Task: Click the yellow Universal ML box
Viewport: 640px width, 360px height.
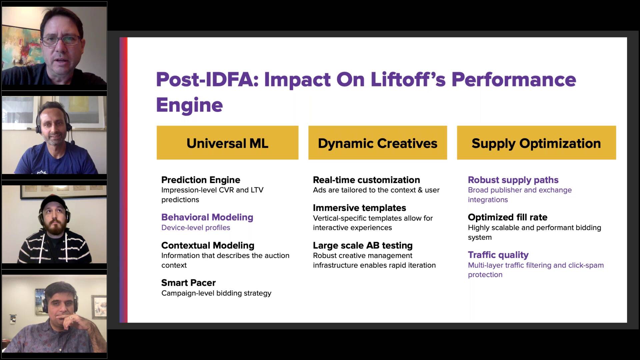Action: click(x=227, y=143)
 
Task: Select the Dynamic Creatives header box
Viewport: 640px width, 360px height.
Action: click(x=378, y=143)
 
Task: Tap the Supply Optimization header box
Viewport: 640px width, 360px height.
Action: click(x=536, y=143)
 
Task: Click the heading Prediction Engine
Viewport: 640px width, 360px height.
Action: click(x=201, y=180)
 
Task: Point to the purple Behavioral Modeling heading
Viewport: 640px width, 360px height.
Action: click(x=207, y=217)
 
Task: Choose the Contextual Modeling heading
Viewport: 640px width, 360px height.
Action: click(x=208, y=245)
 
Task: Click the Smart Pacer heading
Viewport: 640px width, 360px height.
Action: click(x=188, y=283)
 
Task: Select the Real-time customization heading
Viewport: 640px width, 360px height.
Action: click(x=366, y=180)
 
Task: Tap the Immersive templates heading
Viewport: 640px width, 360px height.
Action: click(x=359, y=208)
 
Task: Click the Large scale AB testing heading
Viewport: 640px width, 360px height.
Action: click(x=363, y=246)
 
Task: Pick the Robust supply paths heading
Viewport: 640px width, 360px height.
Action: click(x=513, y=180)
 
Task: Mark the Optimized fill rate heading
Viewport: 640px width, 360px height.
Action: click(x=507, y=217)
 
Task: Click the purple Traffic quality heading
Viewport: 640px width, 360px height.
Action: click(x=498, y=255)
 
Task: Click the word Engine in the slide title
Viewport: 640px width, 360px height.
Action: click(x=189, y=105)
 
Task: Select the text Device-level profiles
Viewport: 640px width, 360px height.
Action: click(x=196, y=228)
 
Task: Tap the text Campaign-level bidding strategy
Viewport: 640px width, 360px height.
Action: click(x=216, y=293)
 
